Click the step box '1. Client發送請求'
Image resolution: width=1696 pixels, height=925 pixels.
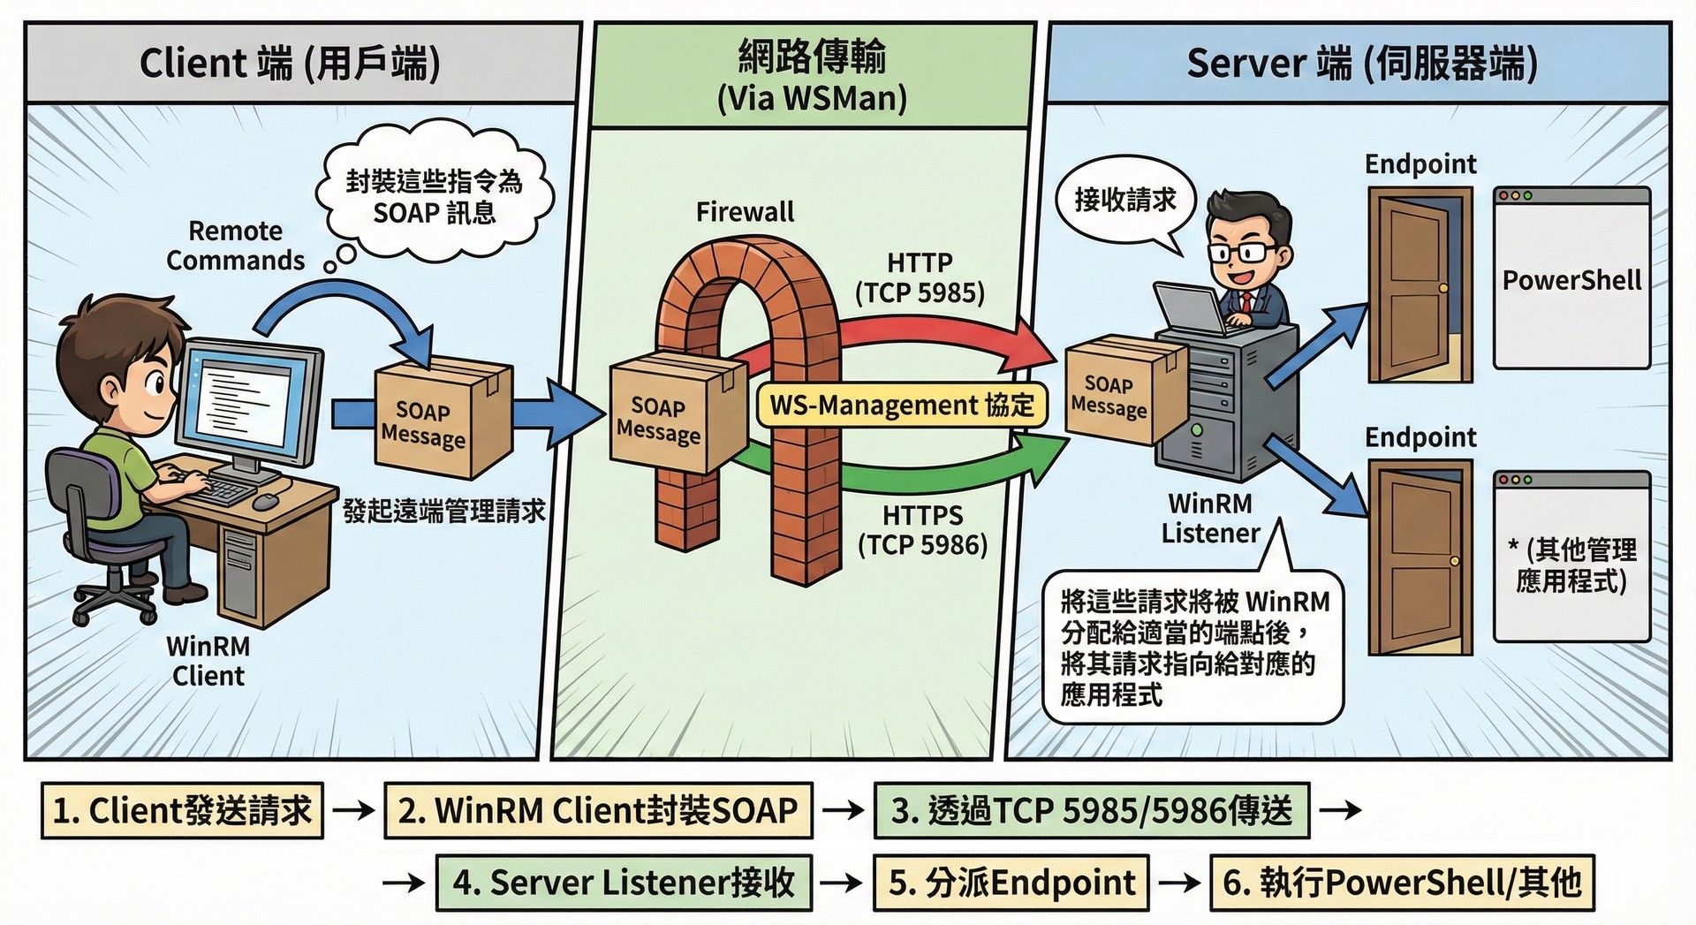pyautogui.click(x=182, y=810)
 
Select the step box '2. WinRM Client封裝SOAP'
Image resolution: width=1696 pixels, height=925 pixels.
pyautogui.click(x=598, y=810)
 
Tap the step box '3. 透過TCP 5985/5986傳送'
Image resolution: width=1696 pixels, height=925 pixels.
pyautogui.click(x=1091, y=810)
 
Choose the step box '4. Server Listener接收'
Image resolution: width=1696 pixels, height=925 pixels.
pyautogui.click(x=624, y=883)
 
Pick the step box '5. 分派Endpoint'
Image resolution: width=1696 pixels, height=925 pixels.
pyautogui.click(x=1011, y=883)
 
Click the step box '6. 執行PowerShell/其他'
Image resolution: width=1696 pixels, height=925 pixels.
pyautogui.click(x=1401, y=883)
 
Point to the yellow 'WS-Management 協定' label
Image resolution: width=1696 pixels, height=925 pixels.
pyautogui.click(x=902, y=406)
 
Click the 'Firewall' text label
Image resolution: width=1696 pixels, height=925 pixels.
pyautogui.click(x=745, y=212)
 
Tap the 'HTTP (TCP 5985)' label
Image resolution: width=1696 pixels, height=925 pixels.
pyautogui.click(x=920, y=277)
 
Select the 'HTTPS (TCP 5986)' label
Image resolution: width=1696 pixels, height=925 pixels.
pyautogui.click(x=922, y=530)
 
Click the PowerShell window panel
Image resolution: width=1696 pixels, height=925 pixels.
pyautogui.click(x=1571, y=278)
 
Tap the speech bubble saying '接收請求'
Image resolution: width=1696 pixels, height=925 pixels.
pyautogui.click(x=1124, y=201)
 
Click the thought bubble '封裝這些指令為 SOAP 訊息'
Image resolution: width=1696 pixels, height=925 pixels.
pyautogui.click(x=434, y=198)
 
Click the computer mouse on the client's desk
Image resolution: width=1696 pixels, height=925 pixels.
pyautogui.click(x=265, y=501)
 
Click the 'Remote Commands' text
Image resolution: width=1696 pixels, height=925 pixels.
pyautogui.click(x=235, y=246)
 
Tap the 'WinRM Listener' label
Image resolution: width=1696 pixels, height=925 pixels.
pyautogui.click(x=1210, y=519)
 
